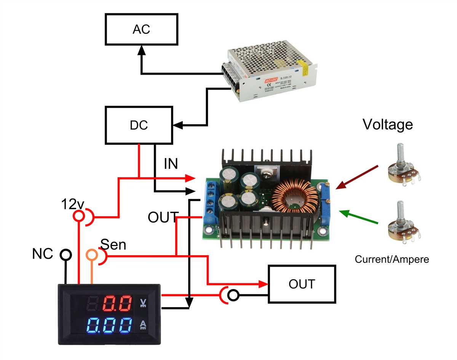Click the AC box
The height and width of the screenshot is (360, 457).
pos(141,30)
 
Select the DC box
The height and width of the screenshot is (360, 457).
pos(139,125)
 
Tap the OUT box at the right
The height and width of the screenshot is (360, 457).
pos(302,284)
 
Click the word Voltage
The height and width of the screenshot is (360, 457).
pos(387,124)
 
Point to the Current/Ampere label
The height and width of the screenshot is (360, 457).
pos(391,259)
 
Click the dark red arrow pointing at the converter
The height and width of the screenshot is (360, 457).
pos(357,177)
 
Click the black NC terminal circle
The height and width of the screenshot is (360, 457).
pos(66,254)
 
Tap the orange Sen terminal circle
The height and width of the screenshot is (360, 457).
pos(92,254)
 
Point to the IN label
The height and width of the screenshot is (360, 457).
pos(171,164)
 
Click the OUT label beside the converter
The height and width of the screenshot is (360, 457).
pos(163,218)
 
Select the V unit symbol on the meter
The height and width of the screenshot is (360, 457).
pos(144,303)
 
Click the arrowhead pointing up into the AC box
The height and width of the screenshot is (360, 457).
pos(141,50)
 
